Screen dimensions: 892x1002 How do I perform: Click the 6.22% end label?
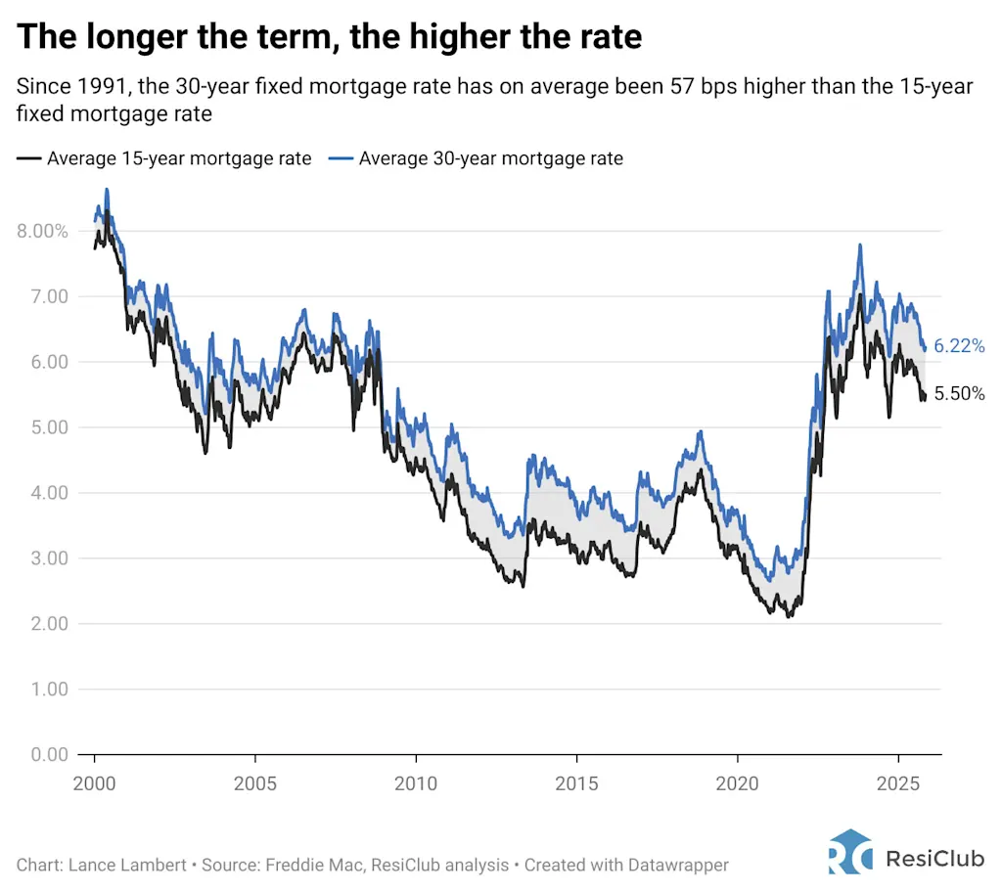pyautogui.click(x=959, y=346)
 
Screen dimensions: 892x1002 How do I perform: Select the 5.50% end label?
pyautogui.click(x=959, y=394)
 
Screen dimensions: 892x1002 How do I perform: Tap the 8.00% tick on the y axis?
pyautogui.click(x=41, y=232)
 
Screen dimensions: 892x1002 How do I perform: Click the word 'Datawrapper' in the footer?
pyautogui.click(x=681, y=866)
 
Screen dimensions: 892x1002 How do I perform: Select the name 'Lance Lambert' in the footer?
pyautogui.click(x=119, y=866)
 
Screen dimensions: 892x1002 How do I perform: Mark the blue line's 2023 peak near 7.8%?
pyautogui.click(x=860, y=245)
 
